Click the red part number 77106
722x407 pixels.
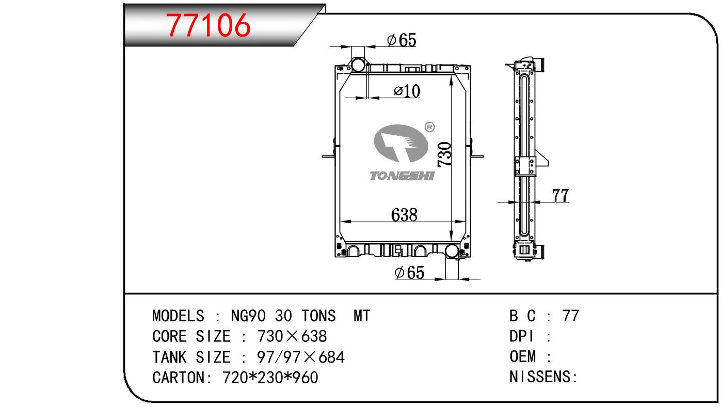click(x=208, y=25)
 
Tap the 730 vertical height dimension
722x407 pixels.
click(x=444, y=154)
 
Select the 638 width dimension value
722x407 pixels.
click(x=404, y=214)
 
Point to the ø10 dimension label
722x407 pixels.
click(x=407, y=91)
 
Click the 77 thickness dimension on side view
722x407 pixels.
click(x=560, y=195)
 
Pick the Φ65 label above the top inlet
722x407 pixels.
click(x=402, y=40)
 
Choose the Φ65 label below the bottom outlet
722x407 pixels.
click(x=409, y=273)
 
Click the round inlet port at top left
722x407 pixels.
click(x=358, y=65)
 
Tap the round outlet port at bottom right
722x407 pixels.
click(x=452, y=251)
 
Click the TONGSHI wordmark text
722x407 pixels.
click(x=402, y=176)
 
